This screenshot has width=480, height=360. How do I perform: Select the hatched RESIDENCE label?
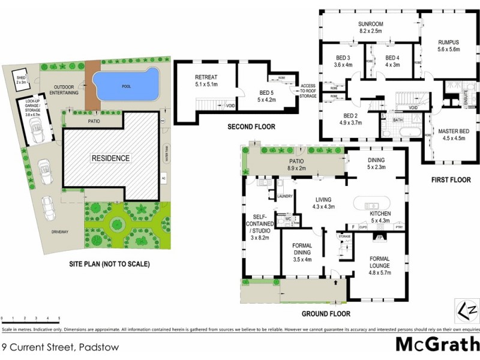point(110,158)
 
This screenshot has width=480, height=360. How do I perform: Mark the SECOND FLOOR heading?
point(251,127)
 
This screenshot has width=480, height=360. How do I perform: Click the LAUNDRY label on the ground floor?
point(284,196)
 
